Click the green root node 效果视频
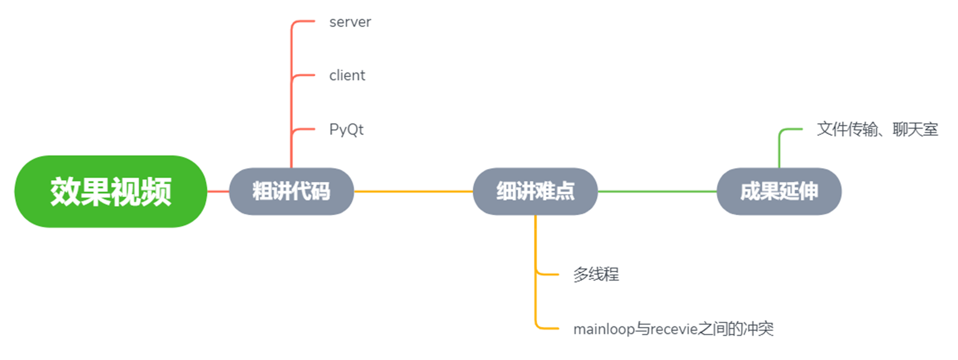[x=110, y=192]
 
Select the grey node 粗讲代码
[x=291, y=192]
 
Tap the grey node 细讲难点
[x=535, y=192]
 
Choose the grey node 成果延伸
[x=779, y=192]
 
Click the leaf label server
[x=350, y=22]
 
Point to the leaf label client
[x=347, y=76]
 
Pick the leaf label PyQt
[x=346, y=130]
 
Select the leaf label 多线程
[x=596, y=274]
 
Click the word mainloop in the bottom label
[x=604, y=329]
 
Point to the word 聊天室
[x=915, y=129]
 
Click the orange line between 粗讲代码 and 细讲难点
[x=413, y=192]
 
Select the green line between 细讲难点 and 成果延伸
[x=657, y=192]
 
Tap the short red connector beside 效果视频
[x=218, y=192]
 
